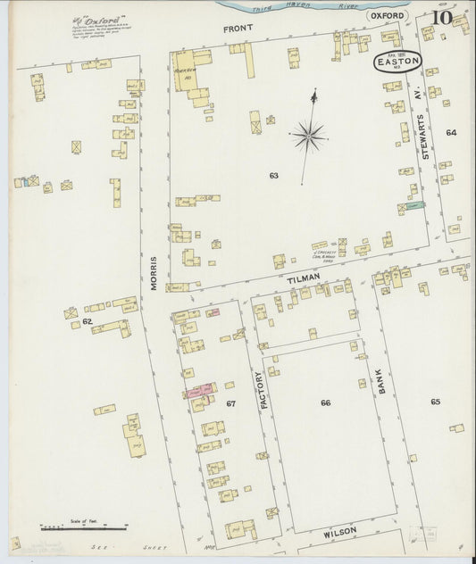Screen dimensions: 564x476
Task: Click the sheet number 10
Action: click(440, 18)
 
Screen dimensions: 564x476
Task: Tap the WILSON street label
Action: click(339, 531)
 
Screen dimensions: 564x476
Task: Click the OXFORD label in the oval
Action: click(388, 16)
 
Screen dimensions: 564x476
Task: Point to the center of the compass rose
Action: click(308, 137)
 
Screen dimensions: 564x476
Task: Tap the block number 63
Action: click(273, 176)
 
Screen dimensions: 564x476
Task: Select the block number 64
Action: click(451, 132)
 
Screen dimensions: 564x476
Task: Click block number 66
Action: click(326, 402)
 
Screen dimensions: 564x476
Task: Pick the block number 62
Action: click(87, 320)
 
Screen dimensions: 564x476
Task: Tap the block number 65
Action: click(435, 402)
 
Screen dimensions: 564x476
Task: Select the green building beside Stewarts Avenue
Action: click(413, 206)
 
